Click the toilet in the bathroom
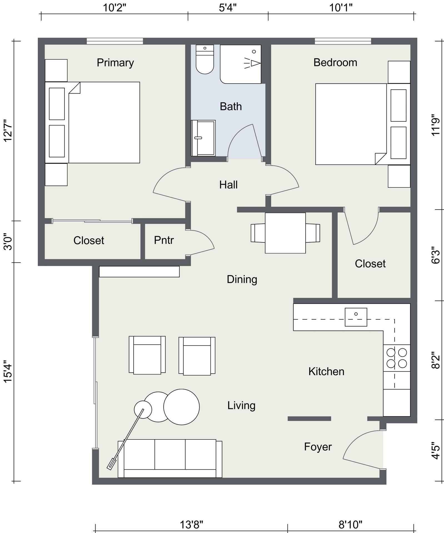(x=205, y=59)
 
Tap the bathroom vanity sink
(x=203, y=138)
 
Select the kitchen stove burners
(x=397, y=358)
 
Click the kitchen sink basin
(x=356, y=317)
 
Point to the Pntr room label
(x=164, y=240)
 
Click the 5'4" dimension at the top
(x=228, y=8)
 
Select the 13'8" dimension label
(x=191, y=525)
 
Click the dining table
(x=285, y=233)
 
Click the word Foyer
(x=318, y=447)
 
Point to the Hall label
(x=228, y=185)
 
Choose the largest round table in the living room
(x=181, y=407)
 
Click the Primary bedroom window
(x=115, y=41)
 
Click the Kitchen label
(x=326, y=371)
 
